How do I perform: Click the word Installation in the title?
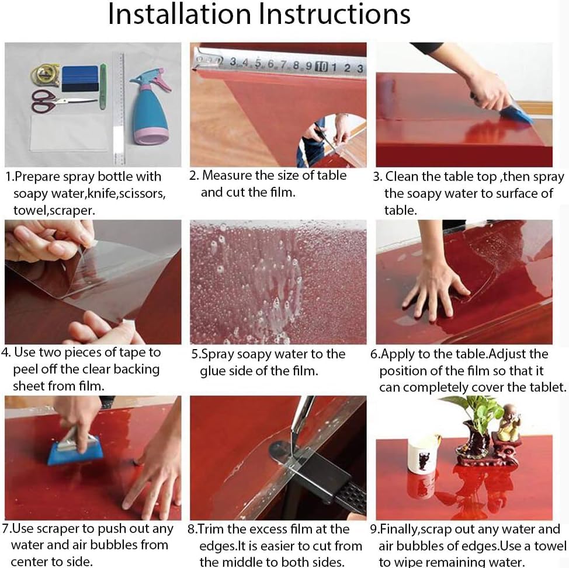click(180, 14)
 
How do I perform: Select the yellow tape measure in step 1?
click(46, 75)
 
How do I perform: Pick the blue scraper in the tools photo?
click(80, 78)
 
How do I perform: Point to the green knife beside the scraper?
click(103, 86)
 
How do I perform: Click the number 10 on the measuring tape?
click(321, 66)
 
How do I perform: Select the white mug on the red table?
click(422, 454)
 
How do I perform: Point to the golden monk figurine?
click(510, 422)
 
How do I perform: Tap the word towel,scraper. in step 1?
click(54, 210)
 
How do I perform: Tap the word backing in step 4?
click(134, 370)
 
